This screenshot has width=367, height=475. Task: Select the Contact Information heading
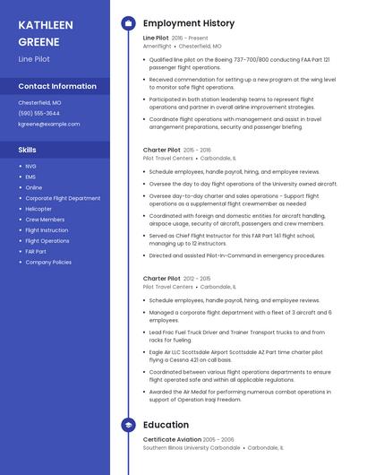(57, 86)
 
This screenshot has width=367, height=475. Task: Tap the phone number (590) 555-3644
(39, 113)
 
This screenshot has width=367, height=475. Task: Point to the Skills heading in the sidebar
(28, 150)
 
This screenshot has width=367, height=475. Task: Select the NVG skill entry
(31, 166)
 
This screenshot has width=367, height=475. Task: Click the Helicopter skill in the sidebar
(38, 209)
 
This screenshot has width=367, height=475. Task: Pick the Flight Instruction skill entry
(47, 230)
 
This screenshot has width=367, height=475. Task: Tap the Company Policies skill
(48, 263)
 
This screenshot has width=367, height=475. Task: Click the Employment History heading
(189, 23)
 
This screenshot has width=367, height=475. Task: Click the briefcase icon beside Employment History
(128, 23)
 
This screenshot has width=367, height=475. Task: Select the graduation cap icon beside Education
(128, 425)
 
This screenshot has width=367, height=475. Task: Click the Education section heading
(166, 425)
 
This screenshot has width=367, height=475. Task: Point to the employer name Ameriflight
(158, 46)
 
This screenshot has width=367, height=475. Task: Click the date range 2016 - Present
(190, 38)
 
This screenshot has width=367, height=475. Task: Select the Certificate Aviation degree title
(171, 439)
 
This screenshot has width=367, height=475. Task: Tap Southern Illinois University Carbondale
(191, 447)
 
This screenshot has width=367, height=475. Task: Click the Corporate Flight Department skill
(63, 198)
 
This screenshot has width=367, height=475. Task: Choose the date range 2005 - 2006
(218, 439)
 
